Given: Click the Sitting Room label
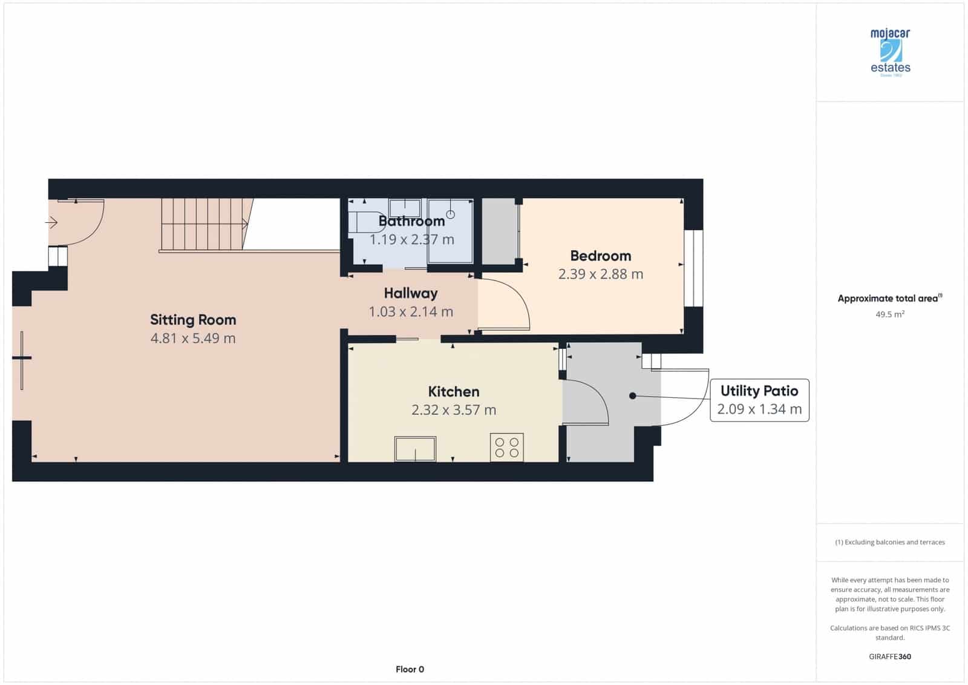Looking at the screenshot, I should (193, 319).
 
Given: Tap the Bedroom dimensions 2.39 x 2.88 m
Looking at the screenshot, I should (600, 274).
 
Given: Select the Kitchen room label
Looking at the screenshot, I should (453, 391).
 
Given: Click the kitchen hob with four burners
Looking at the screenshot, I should (506, 448).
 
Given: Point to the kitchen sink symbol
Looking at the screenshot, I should (415, 448).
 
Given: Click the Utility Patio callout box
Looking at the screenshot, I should (759, 400).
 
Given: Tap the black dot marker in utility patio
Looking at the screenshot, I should (632, 395).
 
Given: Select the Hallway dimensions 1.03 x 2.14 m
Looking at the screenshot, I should (411, 311).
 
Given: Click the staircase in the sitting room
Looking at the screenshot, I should (204, 224).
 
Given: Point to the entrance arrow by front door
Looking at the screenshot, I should (51, 223).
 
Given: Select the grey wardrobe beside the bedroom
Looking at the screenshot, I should (500, 231).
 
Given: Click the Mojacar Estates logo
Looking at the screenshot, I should (890, 52).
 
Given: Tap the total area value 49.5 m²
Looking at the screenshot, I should (889, 314).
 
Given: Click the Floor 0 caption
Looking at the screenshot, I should (410, 669).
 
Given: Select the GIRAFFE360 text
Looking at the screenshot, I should (889, 657).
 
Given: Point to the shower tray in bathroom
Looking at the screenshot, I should (451, 231).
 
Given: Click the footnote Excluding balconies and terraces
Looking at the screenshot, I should (889, 542).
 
